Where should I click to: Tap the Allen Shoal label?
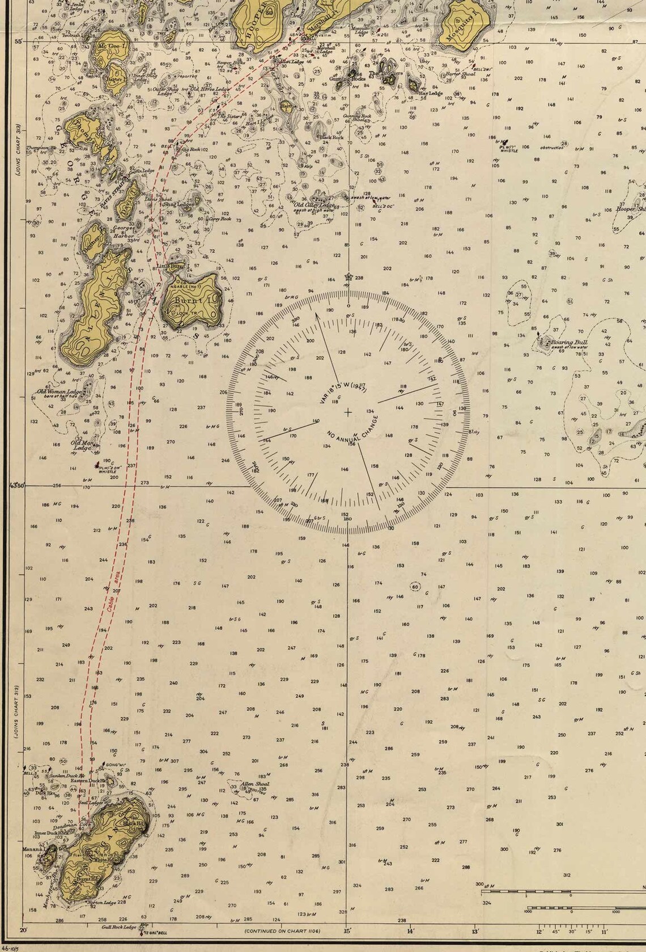pos(254,784)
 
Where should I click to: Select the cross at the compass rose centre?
pos(347,412)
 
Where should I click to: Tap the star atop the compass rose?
pos(348,277)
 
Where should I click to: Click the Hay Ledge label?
pos(432,93)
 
